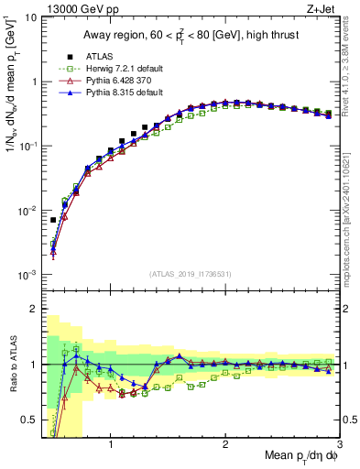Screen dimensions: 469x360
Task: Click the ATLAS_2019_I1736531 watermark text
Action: tap(191, 274)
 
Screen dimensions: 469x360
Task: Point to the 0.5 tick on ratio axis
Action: tap(29, 420)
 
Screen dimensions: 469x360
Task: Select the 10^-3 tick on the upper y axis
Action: tap(27, 275)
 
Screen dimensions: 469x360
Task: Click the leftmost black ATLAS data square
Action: tap(53, 220)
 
